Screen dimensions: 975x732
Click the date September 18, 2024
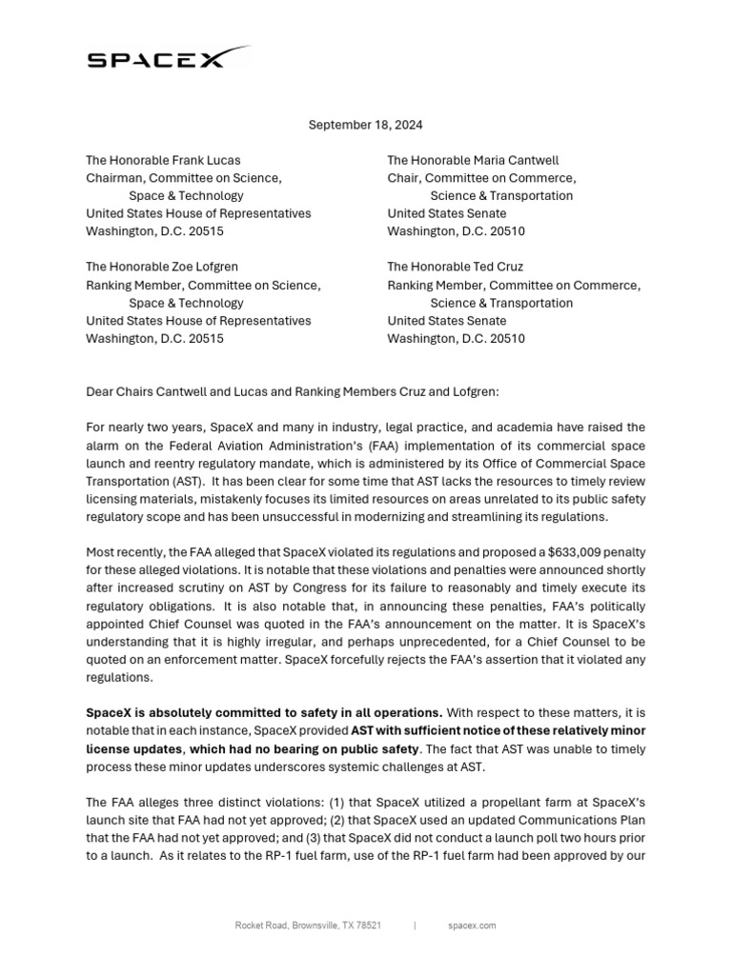coord(366,125)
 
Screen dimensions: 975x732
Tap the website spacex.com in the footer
coord(471,925)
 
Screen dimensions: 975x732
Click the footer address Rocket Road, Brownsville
coord(309,925)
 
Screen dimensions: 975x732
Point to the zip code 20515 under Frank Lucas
coord(207,231)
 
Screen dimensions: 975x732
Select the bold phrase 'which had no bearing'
coord(235,748)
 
